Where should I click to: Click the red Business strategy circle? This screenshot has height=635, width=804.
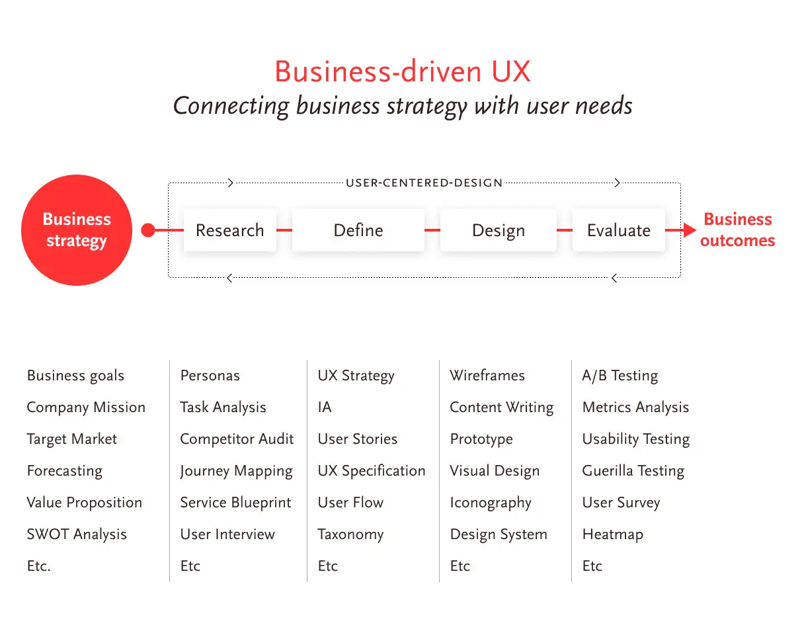[x=77, y=230]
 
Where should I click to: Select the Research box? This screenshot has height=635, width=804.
[x=230, y=230]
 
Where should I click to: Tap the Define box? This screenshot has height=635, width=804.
[x=358, y=230]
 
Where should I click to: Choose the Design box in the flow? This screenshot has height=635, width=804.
[x=498, y=230]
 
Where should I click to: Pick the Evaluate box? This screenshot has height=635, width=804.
[x=618, y=230]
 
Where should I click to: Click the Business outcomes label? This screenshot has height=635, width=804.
[x=737, y=230]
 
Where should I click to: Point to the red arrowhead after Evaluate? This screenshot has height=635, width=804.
[x=690, y=230]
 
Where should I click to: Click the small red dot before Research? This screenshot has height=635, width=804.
[x=148, y=230]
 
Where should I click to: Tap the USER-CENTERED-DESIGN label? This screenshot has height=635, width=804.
[x=424, y=183]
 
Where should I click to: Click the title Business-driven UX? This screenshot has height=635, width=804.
[x=403, y=71]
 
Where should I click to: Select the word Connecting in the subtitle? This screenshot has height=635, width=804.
[x=231, y=106]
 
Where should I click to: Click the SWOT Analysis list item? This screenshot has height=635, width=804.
[x=77, y=534]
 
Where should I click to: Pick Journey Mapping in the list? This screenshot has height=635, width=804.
[x=237, y=472]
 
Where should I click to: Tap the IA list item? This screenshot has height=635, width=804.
[x=325, y=407]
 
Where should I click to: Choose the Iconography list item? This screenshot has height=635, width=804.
[x=491, y=503]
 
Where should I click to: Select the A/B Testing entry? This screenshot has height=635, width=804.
[x=620, y=376]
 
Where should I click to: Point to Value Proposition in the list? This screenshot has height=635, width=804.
[x=85, y=503]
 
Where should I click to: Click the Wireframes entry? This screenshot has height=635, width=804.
[x=487, y=375]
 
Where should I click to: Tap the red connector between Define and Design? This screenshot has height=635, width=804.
[x=432, y=230]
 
